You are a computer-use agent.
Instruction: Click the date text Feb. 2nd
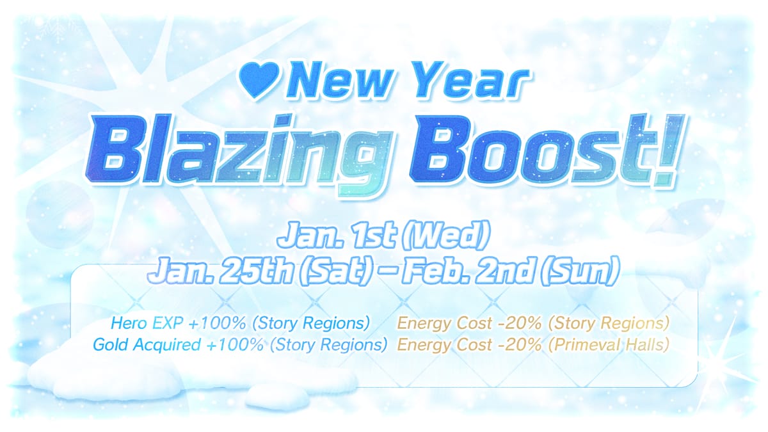(461, 273)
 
